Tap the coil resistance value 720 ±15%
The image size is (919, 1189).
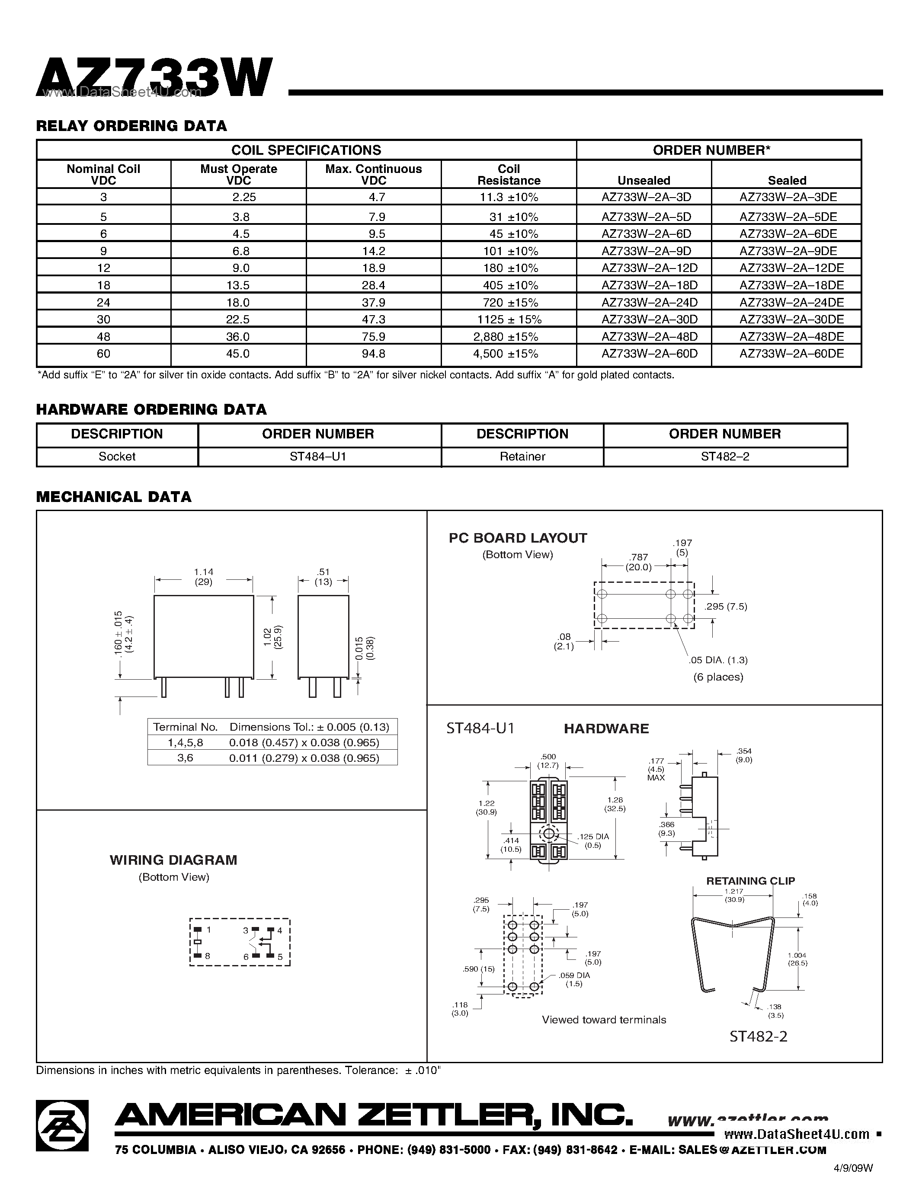point(509,302)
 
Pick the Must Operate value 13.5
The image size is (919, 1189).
point(238,285)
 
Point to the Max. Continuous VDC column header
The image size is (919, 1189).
point(374,174)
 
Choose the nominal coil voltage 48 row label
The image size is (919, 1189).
point(103,336)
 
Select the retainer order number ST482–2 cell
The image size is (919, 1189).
point(725,456)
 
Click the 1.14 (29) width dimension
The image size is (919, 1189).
point(204,576)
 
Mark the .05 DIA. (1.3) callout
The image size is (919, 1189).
point(718,660)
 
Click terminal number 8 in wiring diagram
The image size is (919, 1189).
point(208,956)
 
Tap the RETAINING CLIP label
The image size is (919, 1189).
point(750,881)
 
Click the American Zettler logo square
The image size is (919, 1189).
point(62,1125)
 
